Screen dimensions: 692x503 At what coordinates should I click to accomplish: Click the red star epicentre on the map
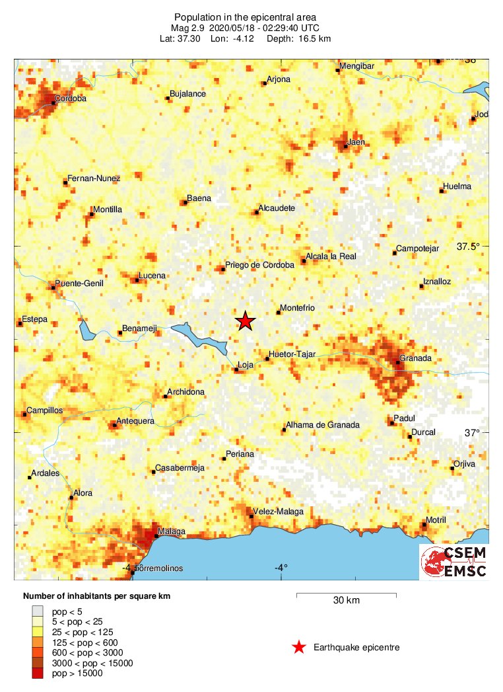point(246,321)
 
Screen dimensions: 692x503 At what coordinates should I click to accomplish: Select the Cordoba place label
point(71,99)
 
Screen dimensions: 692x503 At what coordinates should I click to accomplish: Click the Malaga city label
point(172,531)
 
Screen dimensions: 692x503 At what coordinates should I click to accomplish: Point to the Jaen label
point(356,141)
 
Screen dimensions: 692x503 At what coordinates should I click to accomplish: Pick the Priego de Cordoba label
point(259,265)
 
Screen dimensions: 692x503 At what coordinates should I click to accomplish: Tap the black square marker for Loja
point(236,370)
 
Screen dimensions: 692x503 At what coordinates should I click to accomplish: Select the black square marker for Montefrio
point(278,313)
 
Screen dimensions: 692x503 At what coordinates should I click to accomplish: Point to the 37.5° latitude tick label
point(469,247)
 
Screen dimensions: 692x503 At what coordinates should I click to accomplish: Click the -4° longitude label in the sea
point(281,568)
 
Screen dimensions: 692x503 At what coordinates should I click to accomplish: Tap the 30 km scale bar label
point(346,601)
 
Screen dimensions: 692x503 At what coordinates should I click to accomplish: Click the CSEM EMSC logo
point(453,562)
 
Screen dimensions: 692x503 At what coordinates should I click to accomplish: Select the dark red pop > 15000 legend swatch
point(37,673)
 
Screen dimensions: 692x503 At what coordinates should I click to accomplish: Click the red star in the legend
point(299,647)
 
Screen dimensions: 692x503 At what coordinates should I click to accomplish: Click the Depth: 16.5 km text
point(298,39)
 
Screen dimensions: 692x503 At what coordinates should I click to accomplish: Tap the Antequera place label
point(135,421)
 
